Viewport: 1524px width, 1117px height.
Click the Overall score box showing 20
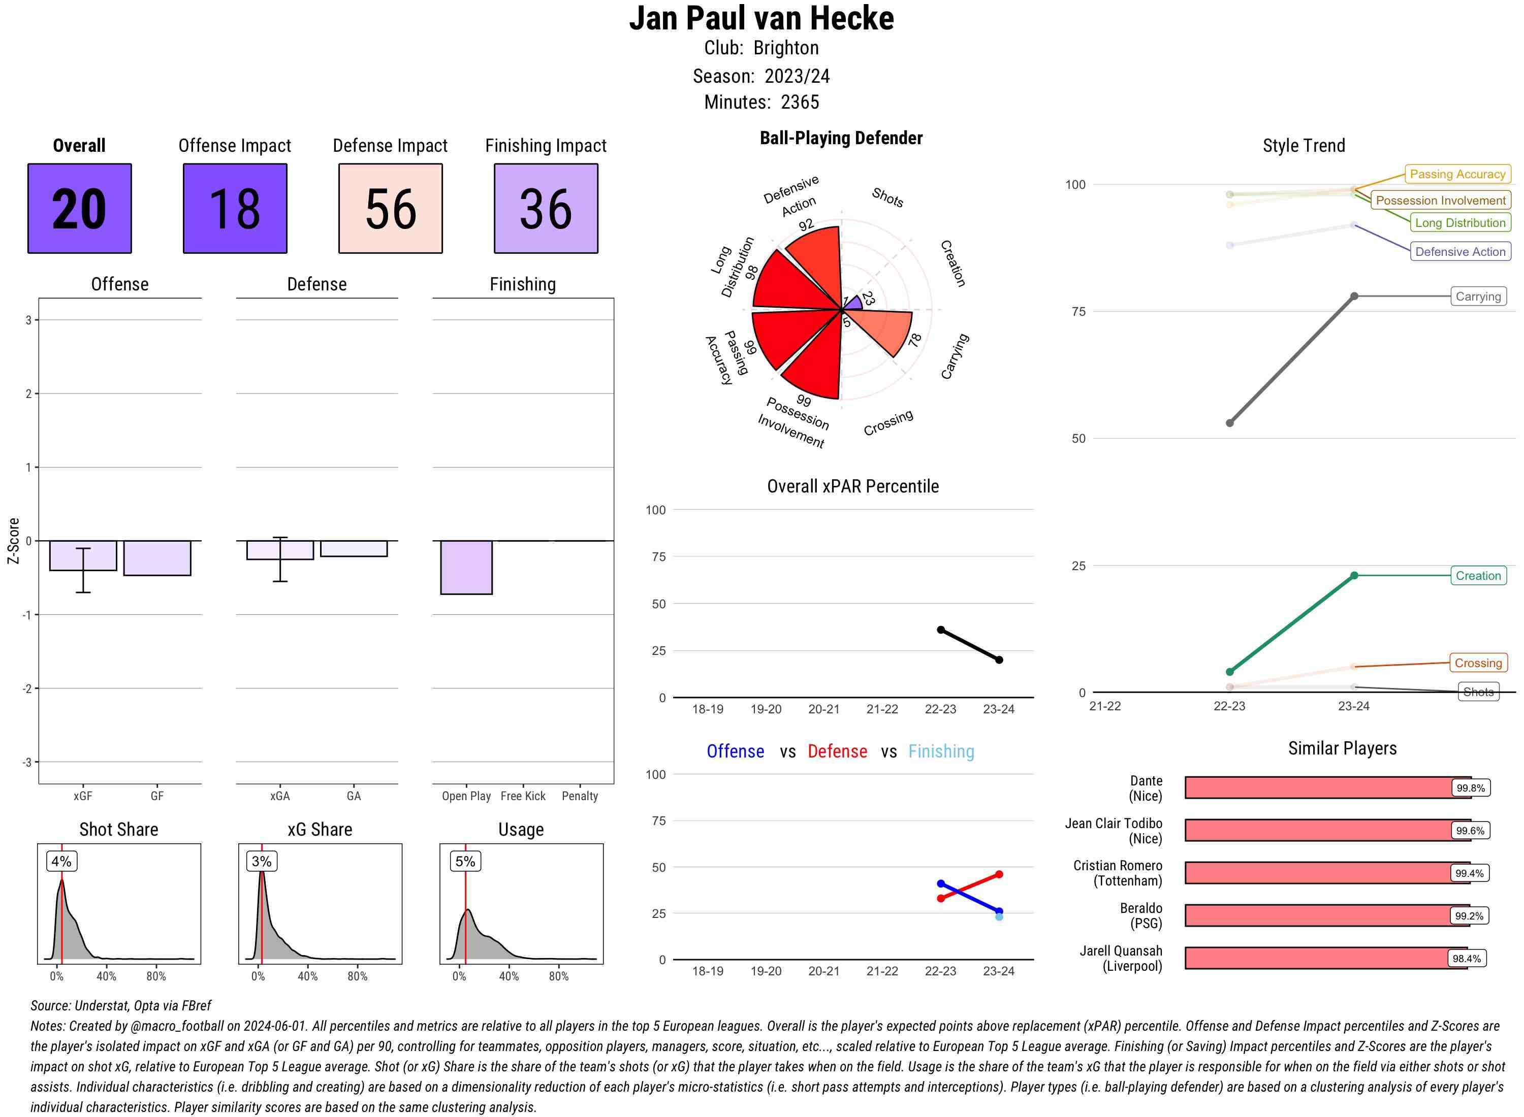(79, 208)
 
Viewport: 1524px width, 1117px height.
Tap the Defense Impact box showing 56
(390, 208)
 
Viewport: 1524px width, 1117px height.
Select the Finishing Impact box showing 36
(546, 208)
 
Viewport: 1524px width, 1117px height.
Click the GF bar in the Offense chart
(157, 558)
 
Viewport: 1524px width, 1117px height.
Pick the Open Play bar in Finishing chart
(466, 567)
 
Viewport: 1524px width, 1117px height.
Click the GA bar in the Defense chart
(354, 548)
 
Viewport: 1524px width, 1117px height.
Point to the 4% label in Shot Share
(61, 861)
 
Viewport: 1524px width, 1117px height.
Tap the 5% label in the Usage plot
(465, 861)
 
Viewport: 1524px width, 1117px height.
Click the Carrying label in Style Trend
(1478, 296)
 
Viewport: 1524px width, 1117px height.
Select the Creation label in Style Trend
(1478, 575)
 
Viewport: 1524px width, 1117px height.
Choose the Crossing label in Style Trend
(1478, 663)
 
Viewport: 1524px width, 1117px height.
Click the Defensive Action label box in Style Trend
(1460, 251)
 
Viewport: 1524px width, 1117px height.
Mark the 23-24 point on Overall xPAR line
(998, 659)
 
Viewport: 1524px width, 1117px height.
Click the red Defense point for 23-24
(998, 874)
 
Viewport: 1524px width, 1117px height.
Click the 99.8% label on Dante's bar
(1470, 787)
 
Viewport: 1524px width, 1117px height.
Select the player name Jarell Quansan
(1120, 950)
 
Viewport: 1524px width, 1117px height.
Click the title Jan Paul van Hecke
(761, 18)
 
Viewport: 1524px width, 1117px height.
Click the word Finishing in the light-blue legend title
(941, 751)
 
